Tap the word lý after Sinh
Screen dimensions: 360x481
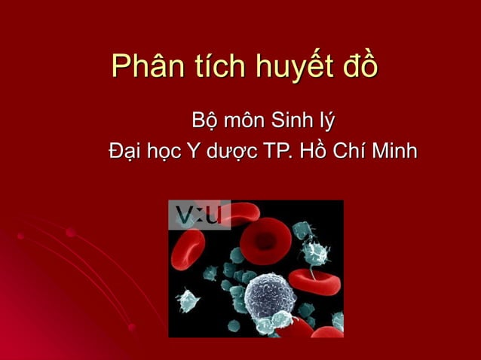tap(327, 122)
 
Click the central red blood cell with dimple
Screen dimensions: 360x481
tap(268, 243)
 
